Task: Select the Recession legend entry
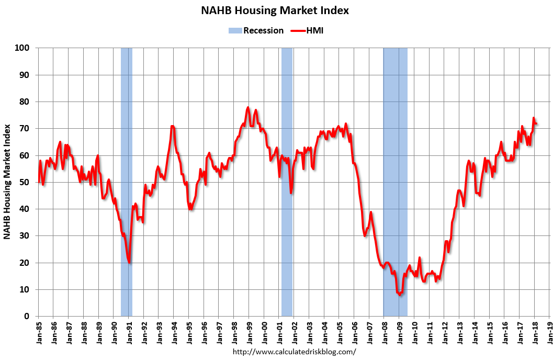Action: [x=256, y=30]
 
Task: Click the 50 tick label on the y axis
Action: [x=24, y=182]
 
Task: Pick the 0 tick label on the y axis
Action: [x=26, y=316]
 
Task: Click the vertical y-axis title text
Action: [x=7, y=182]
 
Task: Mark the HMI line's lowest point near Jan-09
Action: [x=400, y=295]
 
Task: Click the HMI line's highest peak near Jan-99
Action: [x=248, y=107]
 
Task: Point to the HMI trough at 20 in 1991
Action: [x=129, y=262]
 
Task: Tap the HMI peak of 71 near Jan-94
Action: [x=172, y=126]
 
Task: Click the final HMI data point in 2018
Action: [x=536, y=123]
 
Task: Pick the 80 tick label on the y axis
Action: [x=24, y=102]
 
